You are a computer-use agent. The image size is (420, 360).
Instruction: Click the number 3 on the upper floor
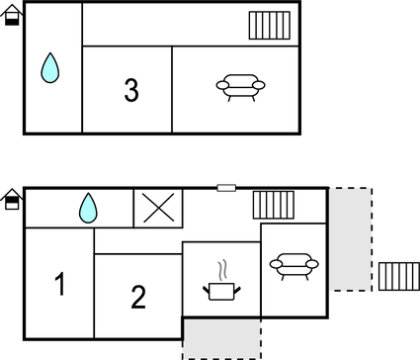[x=131, y=90]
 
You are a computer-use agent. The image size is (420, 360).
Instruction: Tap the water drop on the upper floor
[x=50, y=68]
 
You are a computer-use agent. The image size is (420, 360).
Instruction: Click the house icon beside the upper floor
[x=12, y=16]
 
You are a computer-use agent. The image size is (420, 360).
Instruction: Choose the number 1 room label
[x=59, y=286]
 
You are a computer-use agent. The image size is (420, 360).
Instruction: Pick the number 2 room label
[x=138, y=296]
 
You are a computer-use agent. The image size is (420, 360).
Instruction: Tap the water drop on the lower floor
[x=88, y=207]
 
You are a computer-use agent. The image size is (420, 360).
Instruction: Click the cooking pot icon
[x=221, y=289]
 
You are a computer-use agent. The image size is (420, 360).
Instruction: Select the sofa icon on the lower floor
[x=293, y=265]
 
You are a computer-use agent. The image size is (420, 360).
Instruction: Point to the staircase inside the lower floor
[x=274, y=205]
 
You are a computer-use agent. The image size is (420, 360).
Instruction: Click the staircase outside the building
[x=398, y=276]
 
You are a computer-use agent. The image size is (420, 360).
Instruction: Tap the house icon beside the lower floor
[x=12, y=200]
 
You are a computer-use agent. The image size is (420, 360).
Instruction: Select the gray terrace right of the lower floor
[x=351, y=238]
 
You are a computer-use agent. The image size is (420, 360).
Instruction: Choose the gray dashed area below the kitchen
[x=221, y=338]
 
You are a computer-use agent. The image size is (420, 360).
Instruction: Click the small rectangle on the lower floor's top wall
[x=226, y=187]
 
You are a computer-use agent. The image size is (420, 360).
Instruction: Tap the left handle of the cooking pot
[x=207, y=288]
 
